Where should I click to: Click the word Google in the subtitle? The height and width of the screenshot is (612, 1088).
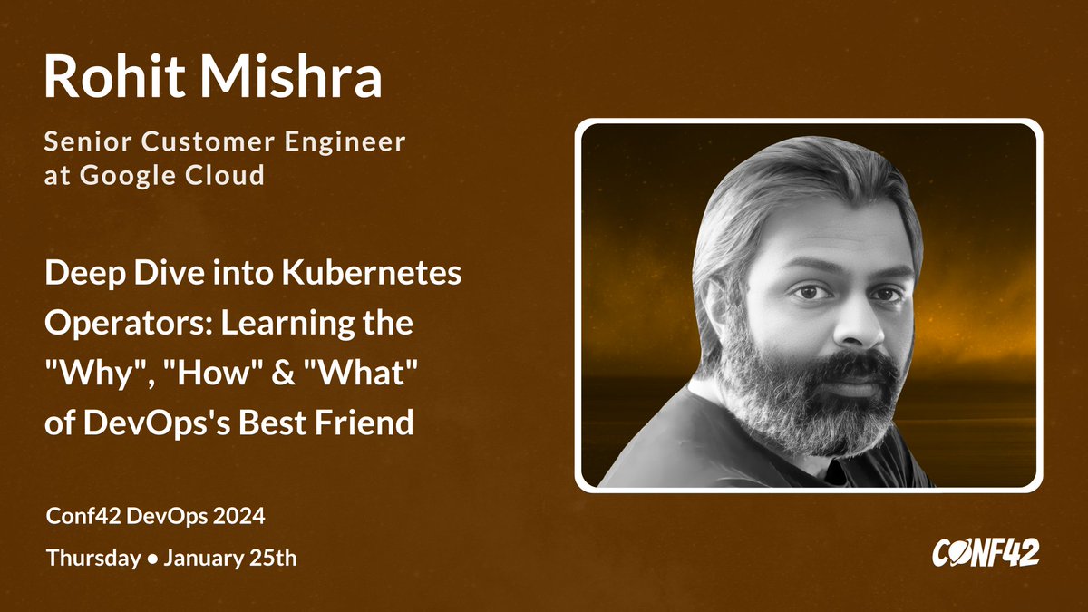point(129,175)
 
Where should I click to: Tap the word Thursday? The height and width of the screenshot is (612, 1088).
point(92,558)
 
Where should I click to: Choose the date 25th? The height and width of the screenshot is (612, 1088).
point(272,558)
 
